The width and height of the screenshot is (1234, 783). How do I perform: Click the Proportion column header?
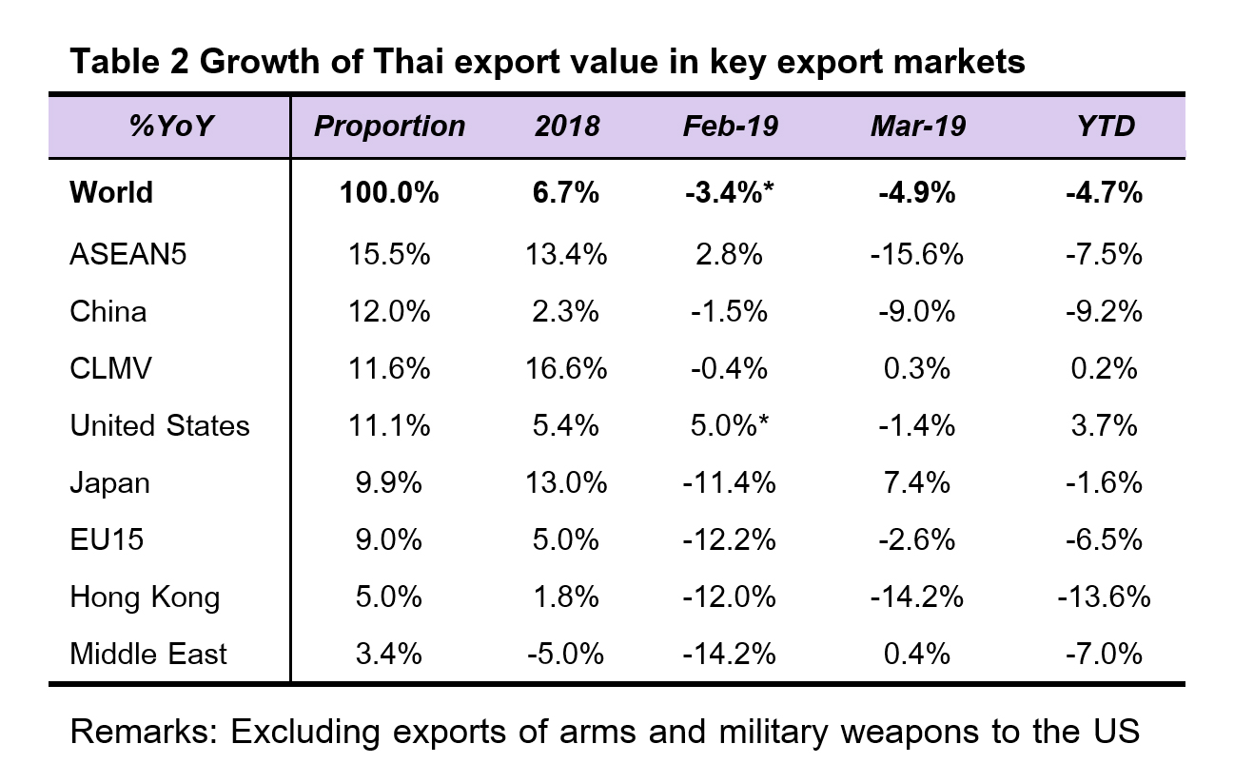389,127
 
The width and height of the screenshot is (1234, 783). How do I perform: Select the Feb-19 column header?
730,127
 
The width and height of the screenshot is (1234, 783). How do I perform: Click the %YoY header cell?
168,127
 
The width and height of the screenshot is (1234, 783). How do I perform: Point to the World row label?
111,193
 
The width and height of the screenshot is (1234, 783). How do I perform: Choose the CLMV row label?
110,368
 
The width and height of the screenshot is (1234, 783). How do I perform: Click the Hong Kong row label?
145,597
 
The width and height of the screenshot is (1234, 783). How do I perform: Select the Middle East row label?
148,655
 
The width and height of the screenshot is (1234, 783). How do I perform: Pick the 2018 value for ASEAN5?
565,254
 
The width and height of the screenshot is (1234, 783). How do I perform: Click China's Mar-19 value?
916,311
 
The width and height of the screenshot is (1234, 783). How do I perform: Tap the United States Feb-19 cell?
730,425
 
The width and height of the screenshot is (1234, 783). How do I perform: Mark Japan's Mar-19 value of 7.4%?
916,482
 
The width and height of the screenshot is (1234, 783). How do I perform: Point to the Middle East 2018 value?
565,655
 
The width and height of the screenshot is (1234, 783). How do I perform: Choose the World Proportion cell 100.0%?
389,193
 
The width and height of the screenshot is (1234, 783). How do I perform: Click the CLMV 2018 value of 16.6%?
565,368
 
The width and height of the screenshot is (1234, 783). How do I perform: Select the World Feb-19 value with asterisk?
730,193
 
